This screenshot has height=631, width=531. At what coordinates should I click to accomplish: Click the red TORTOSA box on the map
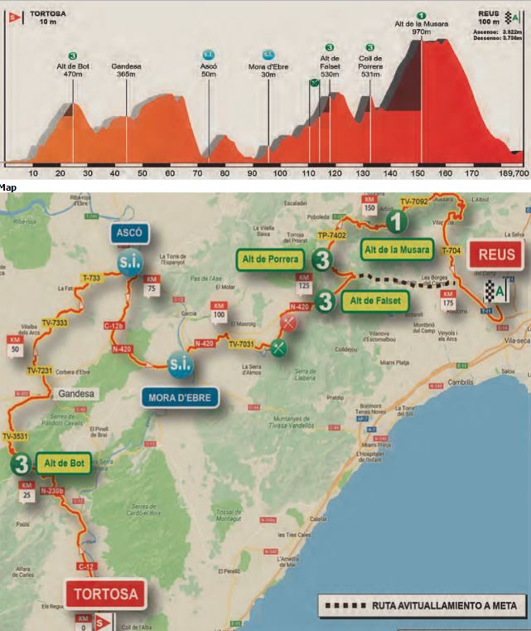click(x=105, y=593)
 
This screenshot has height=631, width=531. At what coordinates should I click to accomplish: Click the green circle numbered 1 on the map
click(x=398, y=221)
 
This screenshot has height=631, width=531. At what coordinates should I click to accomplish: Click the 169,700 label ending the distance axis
click(x=513, y=173)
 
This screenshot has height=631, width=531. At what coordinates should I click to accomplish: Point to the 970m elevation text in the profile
click(x=421, y=32)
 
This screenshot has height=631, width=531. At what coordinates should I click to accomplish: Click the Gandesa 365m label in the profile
click(x=126, y=69)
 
